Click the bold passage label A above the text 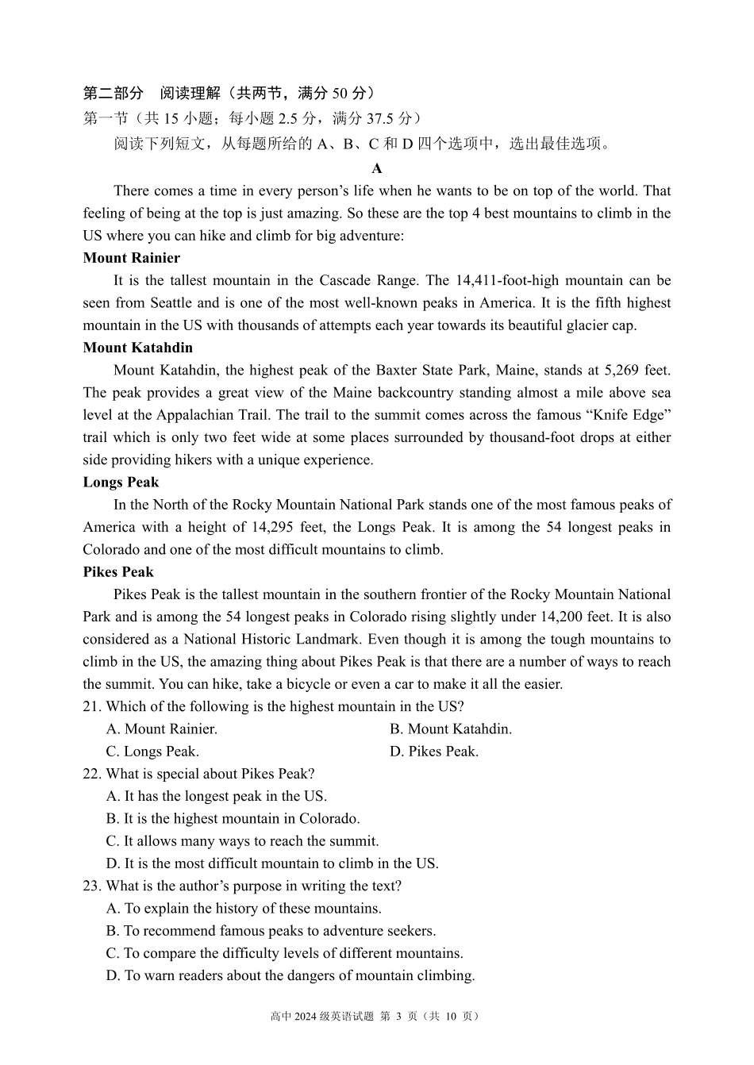(x=377, y=168)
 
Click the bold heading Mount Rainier (x=131, y=258)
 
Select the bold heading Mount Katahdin (x=137, y=348)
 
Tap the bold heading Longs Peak (x=121, y=483)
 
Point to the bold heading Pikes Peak (x=118, y=572)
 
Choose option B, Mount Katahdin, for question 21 (x=451, y=729)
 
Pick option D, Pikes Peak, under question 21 (x=434, y=752)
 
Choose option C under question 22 (x=242, y=841)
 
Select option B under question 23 (x=271, y=931)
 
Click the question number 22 (x=91, y=774)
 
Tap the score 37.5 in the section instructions (x=380, y=118)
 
